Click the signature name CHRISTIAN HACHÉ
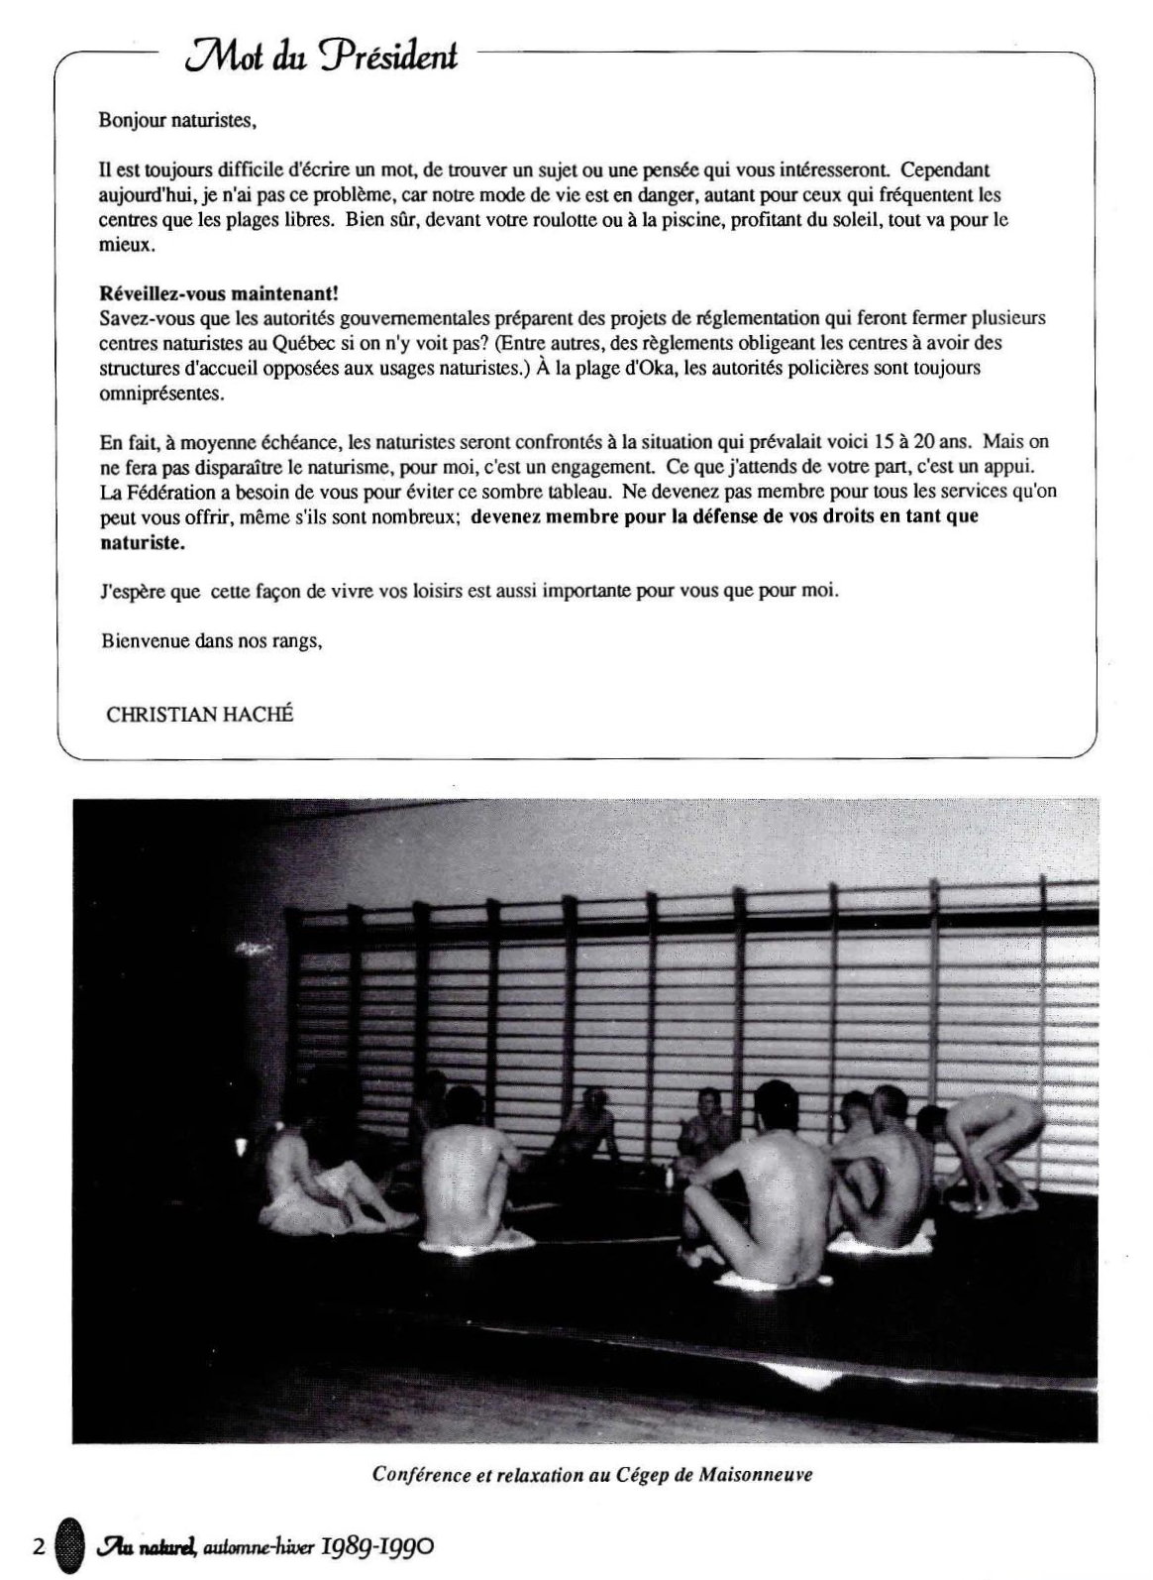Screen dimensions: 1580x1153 coord(199,715)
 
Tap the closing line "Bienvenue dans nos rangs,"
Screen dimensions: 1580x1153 coord(211,640)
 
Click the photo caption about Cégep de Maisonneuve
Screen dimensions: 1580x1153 coord(592,1474)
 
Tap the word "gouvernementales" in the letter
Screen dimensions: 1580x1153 coord(397,318)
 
